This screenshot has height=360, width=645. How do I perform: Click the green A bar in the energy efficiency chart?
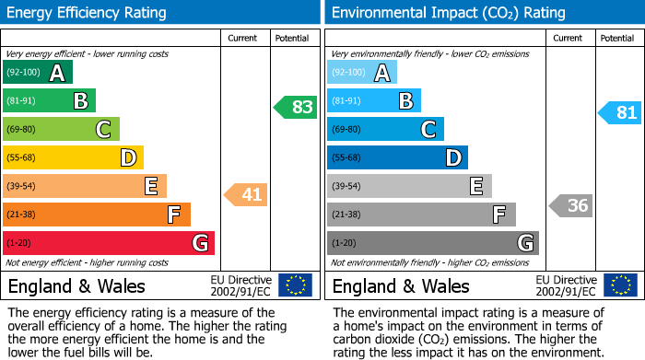(x=38, y=73)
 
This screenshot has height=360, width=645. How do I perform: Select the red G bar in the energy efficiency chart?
(x=109, y=243)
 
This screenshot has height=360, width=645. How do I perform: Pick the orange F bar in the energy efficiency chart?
(x=97, y=215)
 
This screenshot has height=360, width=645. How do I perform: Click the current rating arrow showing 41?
(x=244, y=194)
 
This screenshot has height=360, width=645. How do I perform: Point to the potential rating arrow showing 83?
(x=296, y=107)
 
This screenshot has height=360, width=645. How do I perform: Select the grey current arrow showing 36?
(x=570, y=205)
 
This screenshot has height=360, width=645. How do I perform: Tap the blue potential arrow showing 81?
(x=619, y=113)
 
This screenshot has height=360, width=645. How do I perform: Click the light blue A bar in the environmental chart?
(x=362, y=73)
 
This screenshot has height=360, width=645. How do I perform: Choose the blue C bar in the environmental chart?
(x=385, y=130)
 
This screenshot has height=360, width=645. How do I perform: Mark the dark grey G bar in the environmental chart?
(x=432, y=243)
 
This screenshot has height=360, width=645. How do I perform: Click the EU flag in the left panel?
(x=295, y=285)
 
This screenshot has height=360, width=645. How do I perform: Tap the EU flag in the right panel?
(x=619, y=285)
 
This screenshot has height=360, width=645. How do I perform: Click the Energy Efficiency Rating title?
(x=88, y=13)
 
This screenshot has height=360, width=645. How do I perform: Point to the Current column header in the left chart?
(x=244, y=38)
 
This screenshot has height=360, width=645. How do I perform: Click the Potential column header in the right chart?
(x=617, y=38)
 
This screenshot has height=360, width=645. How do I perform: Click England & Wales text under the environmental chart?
(x=401, y=285)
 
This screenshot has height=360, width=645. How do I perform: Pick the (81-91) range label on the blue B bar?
(x=347, y=101)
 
